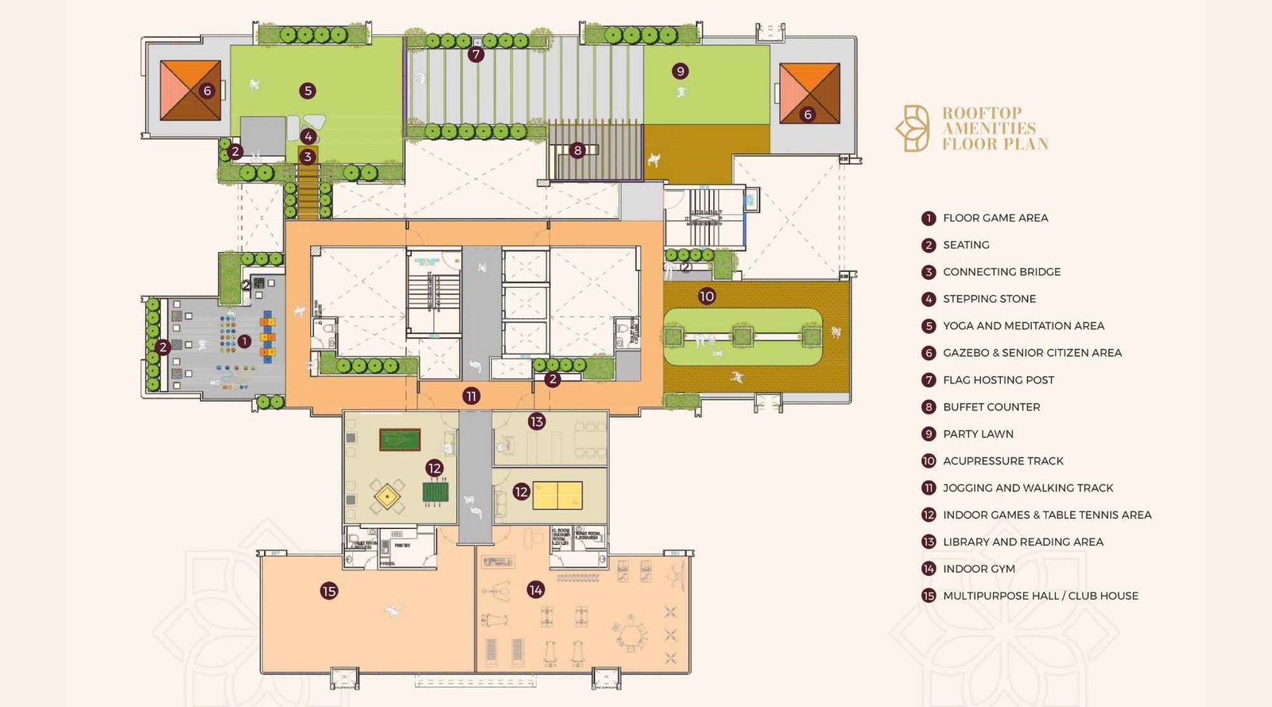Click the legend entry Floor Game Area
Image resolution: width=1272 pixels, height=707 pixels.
pyautogui.click(x=995, y=218)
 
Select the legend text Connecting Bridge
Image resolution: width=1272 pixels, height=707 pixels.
pyautogui.click(x=1001, y=272)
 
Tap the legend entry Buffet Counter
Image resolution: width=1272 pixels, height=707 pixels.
pyautogui.click(x=991, y=407)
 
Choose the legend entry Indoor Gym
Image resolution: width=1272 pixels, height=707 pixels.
pyautogui.click(x=978, y=569)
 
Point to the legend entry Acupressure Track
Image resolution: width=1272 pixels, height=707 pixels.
pyautogui.click(x=1002, y=461)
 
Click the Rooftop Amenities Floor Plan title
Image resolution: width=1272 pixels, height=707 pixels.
pyautogui.click(x=995, y=128)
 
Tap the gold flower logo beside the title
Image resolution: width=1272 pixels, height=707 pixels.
pyautogui.click(x=913, y=128)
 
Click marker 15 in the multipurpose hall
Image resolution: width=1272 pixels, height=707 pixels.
pyautogui.click(x=329, y=591)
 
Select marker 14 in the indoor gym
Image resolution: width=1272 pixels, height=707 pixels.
pyautogui.click(x=536, y=589)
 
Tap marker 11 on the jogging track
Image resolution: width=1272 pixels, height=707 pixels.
pyautogui.click(x=471, y=396)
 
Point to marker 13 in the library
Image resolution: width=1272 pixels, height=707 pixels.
pyautogui.click(x=537, y=421)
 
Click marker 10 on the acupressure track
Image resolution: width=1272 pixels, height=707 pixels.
pyautogui.click(x=707, y=297)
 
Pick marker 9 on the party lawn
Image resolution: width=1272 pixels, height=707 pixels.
pyautogui.click(x=680, y=71)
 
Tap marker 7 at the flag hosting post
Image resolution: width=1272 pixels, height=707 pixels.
pyautogui.click(x=475, y=54)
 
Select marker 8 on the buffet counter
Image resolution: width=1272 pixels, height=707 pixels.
pyautogui.click(x=578, y=150)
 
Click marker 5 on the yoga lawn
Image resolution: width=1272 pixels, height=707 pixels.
pyautogui.click(x=308, y=91)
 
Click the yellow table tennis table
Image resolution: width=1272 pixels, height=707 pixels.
pyautogui.click(x=557, y=495)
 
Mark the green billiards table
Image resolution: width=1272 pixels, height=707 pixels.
pyautogui.click(x=399, y=440)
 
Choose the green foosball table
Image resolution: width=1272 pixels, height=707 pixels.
pyautogui.click(x=435, y=492)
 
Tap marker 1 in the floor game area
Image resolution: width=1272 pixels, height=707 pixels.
pyautogui.click(x=244, y=341)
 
